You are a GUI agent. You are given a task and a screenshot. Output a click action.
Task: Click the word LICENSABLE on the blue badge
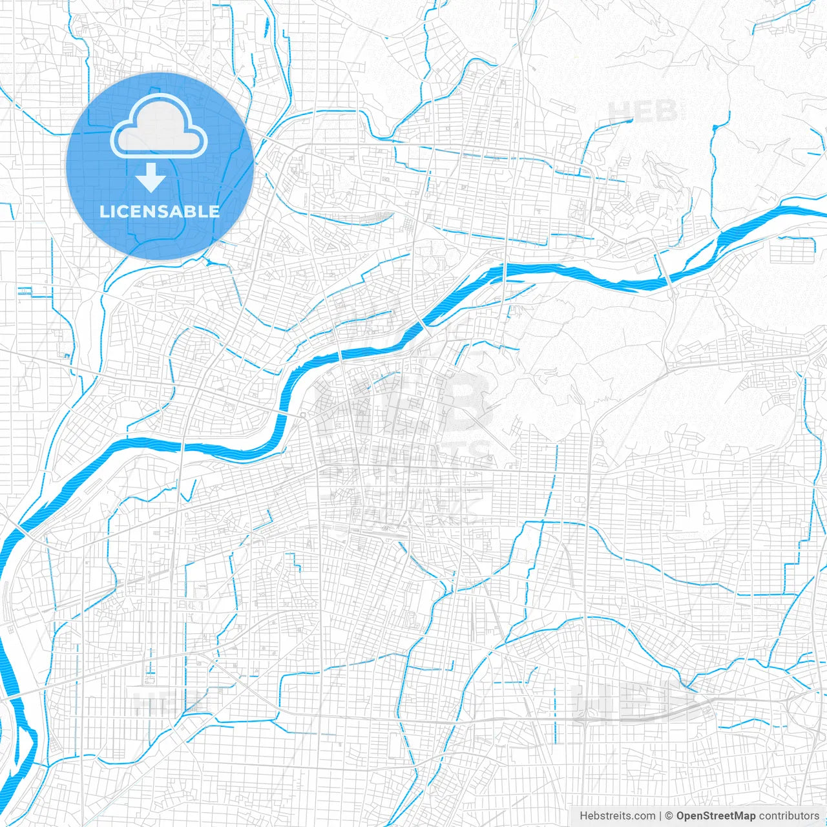pyautogui.click(x=160, y=211)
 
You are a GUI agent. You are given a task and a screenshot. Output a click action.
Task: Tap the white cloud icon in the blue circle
pyautogui.click(x=159, y=127)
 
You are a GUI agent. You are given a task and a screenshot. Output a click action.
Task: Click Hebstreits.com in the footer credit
pyautogui.click(x=617, y=816)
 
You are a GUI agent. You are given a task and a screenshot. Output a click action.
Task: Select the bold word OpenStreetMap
pyautogui.click(x=715, y=816)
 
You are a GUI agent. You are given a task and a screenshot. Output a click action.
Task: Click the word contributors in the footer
pyautogui.click(x=789, y=816)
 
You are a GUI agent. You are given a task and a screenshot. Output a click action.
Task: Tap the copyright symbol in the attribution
pyautogui.click(x=669, y=816)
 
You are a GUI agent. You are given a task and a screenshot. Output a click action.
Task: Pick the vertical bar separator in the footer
pyautogui.click(x=660, y=816)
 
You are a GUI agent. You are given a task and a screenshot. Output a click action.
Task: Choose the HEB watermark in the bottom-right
pyautogui.click(x=636, y=701)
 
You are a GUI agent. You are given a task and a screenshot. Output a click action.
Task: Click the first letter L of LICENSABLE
pyautogui.click(x=104, y=211)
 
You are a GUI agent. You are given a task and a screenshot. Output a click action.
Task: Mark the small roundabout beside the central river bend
pyautogui.click(x=302, y=414)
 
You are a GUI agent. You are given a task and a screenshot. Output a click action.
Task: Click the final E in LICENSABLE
pyautogui.click(x=215, y=211)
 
